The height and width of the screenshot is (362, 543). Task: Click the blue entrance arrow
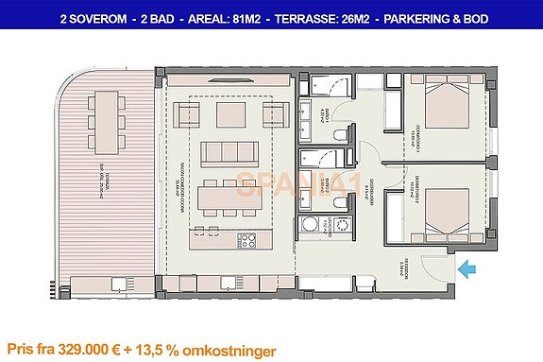[467, 270]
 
